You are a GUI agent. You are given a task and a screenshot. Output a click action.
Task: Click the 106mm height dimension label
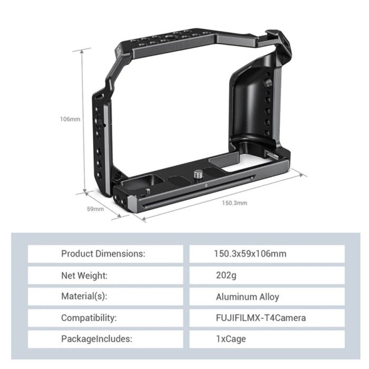70,119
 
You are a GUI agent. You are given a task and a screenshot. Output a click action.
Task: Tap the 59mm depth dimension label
95,209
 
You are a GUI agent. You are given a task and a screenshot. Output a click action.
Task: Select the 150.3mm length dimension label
234,202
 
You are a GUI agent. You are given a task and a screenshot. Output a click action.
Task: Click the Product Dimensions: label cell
103,254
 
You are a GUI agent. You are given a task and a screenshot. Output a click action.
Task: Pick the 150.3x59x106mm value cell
250,254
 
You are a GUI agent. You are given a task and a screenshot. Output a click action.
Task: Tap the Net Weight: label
84,275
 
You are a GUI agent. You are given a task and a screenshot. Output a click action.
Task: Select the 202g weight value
225,275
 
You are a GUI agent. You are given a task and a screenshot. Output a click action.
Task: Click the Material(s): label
84,297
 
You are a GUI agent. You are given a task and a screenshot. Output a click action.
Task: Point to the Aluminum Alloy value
247,297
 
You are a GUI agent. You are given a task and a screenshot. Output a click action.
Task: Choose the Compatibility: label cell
89,318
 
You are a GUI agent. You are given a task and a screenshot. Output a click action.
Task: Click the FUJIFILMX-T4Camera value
260,318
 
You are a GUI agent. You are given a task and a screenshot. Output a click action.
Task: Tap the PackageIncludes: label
96,339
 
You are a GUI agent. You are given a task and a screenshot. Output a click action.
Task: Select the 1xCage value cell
230,339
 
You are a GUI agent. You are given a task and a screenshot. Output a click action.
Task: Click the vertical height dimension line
83,121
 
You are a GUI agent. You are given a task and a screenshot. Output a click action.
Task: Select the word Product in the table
77,254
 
